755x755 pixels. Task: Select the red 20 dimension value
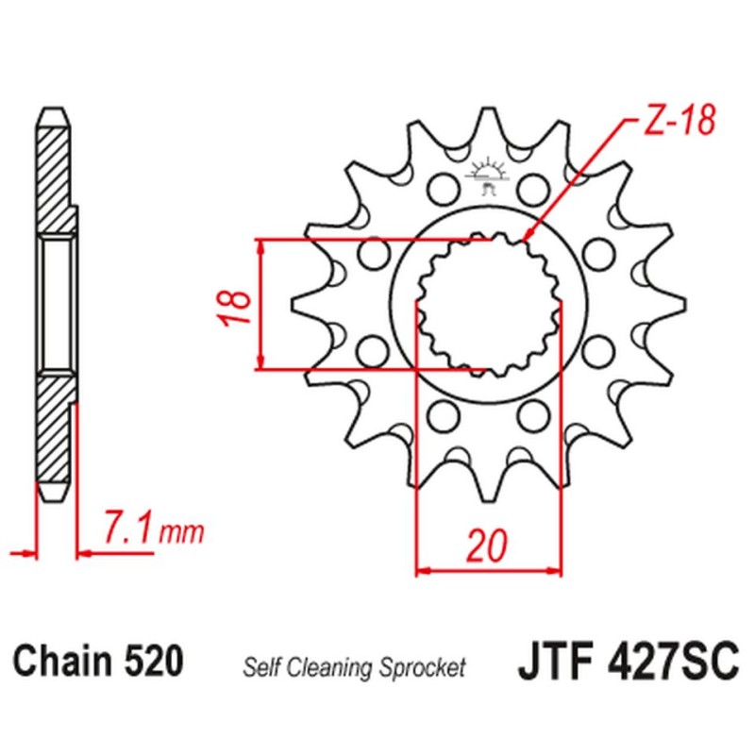click(x=488, y=545)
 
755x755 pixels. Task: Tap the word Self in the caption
click(x=260, y=668)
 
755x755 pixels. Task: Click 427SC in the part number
click(x=671, y=659)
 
